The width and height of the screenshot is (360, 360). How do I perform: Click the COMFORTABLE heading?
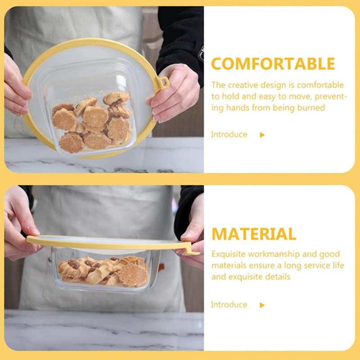pyautogui.click(x=273, y=64)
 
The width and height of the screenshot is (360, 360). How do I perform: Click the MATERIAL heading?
pyautogui.click(x=254, y=234)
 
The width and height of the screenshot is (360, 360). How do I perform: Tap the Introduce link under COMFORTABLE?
pyautogui.click(x=229, y=135)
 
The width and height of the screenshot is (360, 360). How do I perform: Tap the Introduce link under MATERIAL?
pyautogui.click(x=229, y=305)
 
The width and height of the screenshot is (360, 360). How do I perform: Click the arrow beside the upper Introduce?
pyautogui.click(x=262, y=135)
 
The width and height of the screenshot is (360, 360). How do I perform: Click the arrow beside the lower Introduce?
pyautogui.click(x=262, y=305)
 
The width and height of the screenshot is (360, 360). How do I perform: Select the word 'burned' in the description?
pyautogui.click(x=310, y=108)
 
